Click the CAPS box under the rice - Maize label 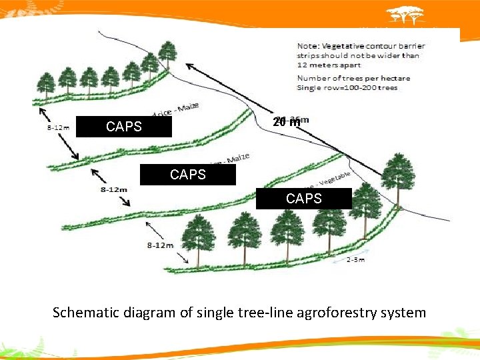[x=123, y=127]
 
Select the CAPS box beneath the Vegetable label [x=303, y=199]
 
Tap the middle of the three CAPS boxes [x=187, y=175]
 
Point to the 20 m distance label [x=287, y=122]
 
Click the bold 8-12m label [x=114, y=189]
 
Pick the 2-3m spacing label [x=355, y=259]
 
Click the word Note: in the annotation [x=309, y=46]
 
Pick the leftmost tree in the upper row [x=45, y=85]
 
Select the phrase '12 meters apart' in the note [x=329, y=65]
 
